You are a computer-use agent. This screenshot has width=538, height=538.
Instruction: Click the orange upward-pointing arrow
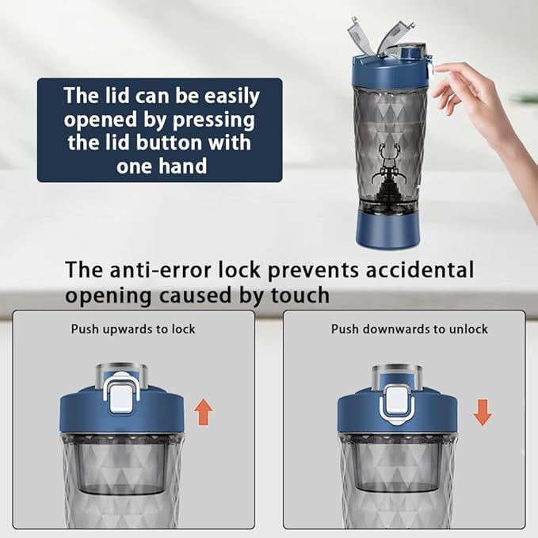point(204,412)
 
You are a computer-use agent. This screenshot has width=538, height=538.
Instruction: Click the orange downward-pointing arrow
point(483,412)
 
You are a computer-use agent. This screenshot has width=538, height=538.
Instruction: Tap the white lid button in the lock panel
point(120,397)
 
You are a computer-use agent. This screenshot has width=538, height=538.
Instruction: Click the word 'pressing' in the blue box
point(214,120)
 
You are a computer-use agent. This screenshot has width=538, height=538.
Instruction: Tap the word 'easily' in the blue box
point(232,97)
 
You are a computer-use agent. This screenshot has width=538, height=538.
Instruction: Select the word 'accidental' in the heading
point(419,269)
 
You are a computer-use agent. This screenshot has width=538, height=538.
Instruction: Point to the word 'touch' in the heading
point(300,295)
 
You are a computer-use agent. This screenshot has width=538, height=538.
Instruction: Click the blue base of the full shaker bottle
point(387,230)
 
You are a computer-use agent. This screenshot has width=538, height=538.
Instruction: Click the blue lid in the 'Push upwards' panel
point(122,412)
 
